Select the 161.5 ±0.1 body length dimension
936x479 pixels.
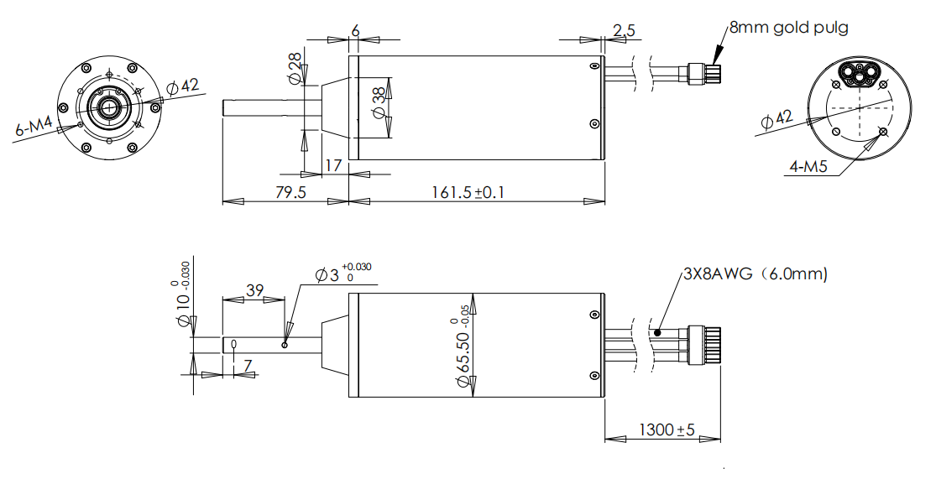[468, 192]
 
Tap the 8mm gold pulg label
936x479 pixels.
[788, 28]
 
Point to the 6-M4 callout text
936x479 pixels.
[34, 128]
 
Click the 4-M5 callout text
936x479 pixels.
[809, 167]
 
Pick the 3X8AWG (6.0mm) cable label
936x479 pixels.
[755, 273]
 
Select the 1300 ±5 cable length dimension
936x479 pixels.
[667, 430]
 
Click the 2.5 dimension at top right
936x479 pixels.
[624, 31]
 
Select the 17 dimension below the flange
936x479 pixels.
[333, 165]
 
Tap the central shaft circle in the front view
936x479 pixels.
[108, 107]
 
